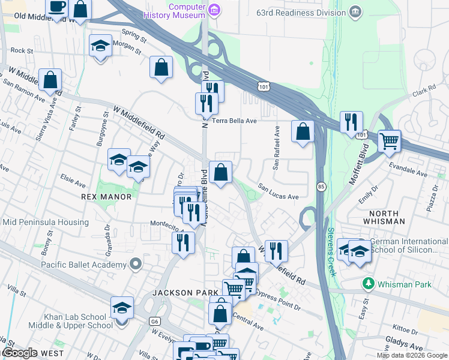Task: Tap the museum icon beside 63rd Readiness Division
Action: pos(356,11)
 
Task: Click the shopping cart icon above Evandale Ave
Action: pos(390,142)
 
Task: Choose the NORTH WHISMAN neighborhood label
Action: pos(388,217)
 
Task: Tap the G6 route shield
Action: pos(155,322)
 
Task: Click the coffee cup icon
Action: pos(58,7)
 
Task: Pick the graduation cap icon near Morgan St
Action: pos(100,46)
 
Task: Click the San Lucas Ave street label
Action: pos(279,196)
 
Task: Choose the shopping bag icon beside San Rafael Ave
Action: pos(303,131)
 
